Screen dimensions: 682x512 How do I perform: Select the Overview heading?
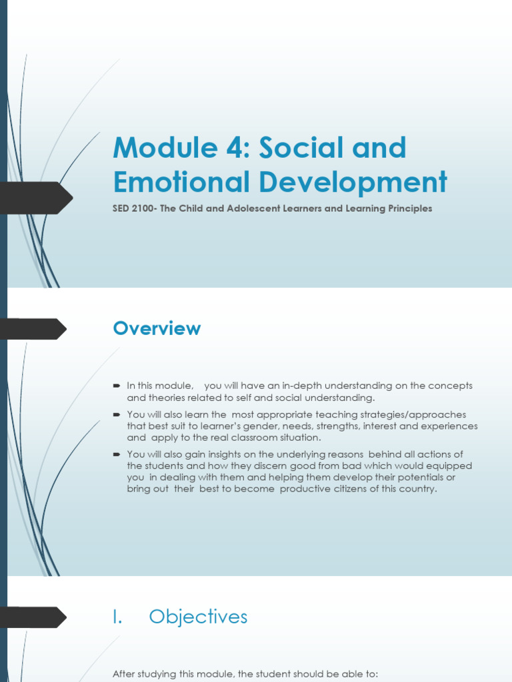coord(157,328)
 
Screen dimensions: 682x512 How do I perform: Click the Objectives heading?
coord(198,617)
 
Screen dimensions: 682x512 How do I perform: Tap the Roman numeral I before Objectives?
coord(117,617)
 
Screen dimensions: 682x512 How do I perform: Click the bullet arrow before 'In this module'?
coord(116,386)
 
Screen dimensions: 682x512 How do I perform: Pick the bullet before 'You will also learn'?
coord(116,414)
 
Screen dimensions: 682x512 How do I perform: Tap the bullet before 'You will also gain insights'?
coord(116,454)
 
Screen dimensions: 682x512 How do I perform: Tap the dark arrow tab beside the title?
coord(37,198)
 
